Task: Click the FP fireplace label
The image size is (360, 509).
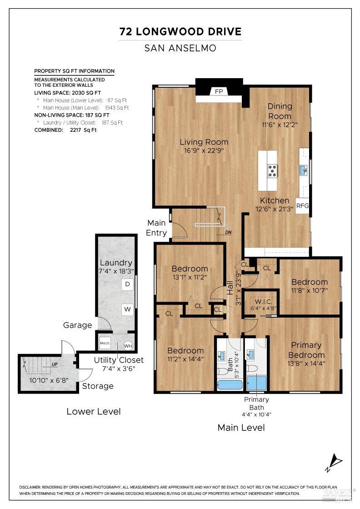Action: [219, 91]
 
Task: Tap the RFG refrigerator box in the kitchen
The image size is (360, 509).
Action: [302, 205]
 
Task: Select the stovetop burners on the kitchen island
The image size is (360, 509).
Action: [273, 170]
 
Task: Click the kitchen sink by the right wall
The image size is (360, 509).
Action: [304, 170]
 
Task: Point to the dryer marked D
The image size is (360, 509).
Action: [128, 284]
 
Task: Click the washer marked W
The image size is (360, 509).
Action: [128, 310]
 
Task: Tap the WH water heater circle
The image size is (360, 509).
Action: [128, 345]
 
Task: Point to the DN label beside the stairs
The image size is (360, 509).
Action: [228, 232]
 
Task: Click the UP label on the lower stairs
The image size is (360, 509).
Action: [54, 364]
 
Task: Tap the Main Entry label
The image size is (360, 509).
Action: [156, 228]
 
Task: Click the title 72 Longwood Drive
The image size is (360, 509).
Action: [180, 31]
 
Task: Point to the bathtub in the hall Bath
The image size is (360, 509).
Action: [230, 384]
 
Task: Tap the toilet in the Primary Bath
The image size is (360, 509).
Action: [252, 369]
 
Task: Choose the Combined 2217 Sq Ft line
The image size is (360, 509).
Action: [65, 130]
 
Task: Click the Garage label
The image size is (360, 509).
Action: [77, 325]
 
